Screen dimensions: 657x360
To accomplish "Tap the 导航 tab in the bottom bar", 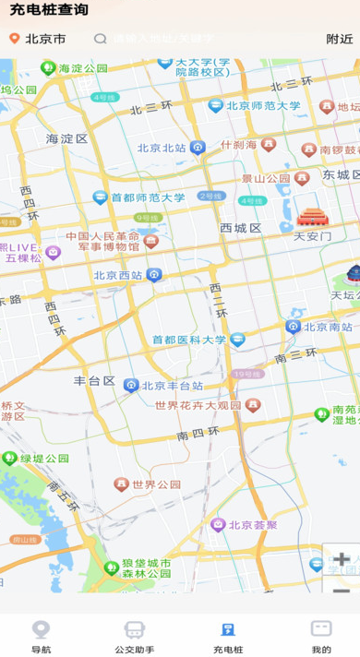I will pyautogui.click(x=41, y=636).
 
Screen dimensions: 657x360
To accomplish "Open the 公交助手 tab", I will pyautogui.click(x=135, y=636).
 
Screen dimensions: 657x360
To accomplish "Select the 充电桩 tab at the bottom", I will pyautogui.click(x=227, y=636).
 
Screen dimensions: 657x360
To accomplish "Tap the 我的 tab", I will pyautogui.click(x=321, y=636).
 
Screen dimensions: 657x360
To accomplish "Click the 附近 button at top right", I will pyautogui.click(x=339, y=39).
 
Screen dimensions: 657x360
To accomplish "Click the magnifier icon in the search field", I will pyautogui.click(x=101, y=39).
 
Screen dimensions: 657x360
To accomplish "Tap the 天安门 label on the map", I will pyautogui.click(x=312, y=235).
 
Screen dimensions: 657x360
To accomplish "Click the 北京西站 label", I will pyautogui.click(x=118, y=275).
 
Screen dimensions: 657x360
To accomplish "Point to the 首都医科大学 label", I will pyautogui.click(x=189, y=340).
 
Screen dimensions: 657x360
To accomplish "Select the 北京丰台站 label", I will pyautogui.click(x=172, y=386).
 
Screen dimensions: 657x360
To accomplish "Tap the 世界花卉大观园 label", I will pyautogui.click(x=198, y=406).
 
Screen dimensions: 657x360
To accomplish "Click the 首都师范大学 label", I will pyautogui.click(x=148, y=197).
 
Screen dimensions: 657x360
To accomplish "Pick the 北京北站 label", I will pyautogui.click(x=162, y=148).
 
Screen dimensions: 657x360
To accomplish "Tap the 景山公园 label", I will pyautogui.click(x=266, y=178).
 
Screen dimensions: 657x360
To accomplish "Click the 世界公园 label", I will pyautogui.click(x=156, y=484).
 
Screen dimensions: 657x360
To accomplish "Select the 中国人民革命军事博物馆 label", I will pyautogui.click(x=103, y=241).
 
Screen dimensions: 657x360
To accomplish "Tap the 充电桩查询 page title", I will pyautogui.click(x=49, y=10).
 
